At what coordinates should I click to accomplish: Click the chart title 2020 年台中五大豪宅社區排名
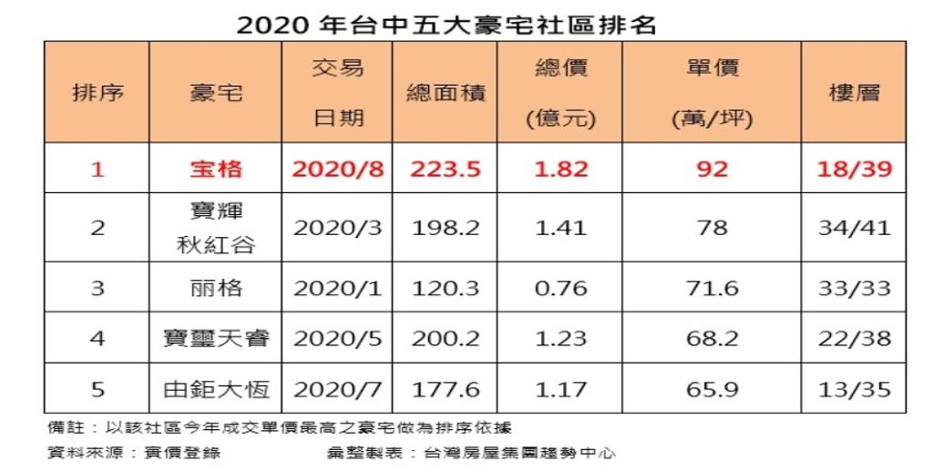(446, 25)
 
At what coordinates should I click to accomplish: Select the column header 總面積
(446, 93)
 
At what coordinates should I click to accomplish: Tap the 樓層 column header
(854, 93)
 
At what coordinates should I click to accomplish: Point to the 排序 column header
(97, 93)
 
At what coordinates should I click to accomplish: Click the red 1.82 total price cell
(560, 169)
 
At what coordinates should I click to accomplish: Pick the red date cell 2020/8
(337, 169)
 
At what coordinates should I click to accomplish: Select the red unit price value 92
(713, 169)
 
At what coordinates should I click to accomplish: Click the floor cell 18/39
(855, 169)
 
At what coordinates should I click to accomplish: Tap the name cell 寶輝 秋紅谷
(216, 228)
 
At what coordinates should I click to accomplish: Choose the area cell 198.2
(446, 228)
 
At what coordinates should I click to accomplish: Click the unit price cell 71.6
(713, 288)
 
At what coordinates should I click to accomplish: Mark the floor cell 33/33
(855, 288)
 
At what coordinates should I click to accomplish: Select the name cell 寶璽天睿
(216, 338)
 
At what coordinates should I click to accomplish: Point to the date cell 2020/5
(337, 338)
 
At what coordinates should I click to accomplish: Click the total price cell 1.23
(560, 338)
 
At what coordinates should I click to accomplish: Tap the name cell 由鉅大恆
(216, 389)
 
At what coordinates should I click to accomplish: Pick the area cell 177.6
(446, 389)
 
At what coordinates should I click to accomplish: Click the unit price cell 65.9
(713, 389)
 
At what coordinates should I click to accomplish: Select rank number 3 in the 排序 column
(97, 288)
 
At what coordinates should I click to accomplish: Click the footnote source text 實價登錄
(182, 453)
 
